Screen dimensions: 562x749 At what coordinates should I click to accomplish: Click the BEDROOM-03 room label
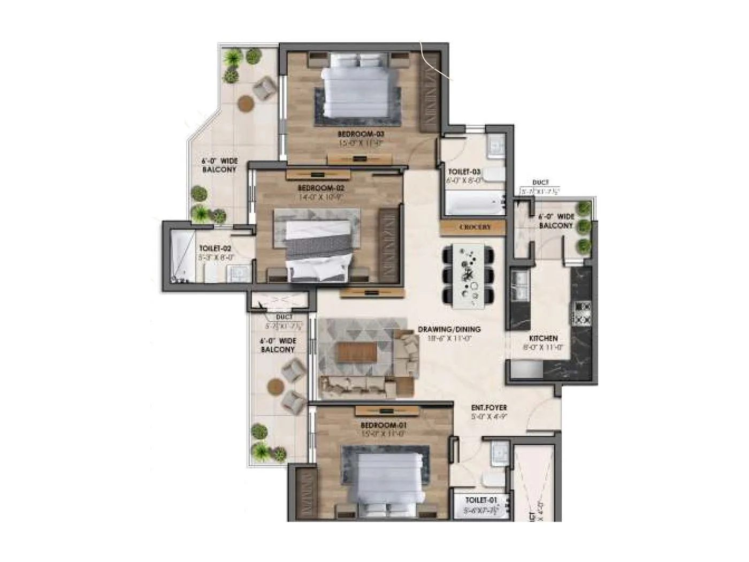(x=361, y=133)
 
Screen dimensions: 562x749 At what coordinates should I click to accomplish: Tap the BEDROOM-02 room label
(x=321, y=188)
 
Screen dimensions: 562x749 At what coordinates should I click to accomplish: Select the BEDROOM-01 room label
(x=384, y=425)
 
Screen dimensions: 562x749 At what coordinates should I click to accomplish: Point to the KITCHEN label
(x=543, y=338)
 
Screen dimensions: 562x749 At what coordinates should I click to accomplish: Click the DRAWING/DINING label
(x=449, y=329)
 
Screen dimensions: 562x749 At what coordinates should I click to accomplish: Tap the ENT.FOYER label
(x=489, y=408)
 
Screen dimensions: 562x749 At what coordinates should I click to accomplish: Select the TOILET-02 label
(x=215, y=249)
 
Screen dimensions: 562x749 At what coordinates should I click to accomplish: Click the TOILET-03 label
(x=464, y=172)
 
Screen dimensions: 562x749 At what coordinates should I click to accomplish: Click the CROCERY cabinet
(x=475, y=227)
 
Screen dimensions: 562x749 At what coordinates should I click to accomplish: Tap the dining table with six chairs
(x=469, y=276)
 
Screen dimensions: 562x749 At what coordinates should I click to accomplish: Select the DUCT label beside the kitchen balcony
(x=540, y=183)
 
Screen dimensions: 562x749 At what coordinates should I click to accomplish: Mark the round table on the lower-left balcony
(x=276, y=385)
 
